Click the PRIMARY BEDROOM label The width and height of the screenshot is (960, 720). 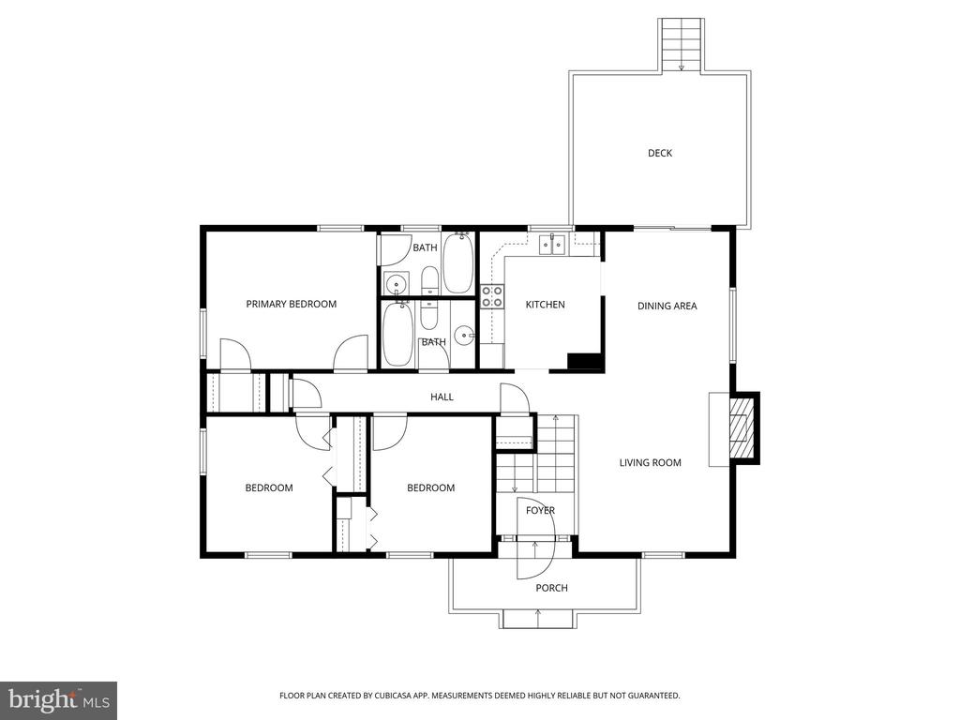(x=291, y=304)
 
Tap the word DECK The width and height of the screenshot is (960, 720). (x=659, y=153)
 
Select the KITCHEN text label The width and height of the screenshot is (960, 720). (x=545, y=305)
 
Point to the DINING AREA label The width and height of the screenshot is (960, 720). (x=667, y=306)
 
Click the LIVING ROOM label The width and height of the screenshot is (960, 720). (x=650, y=462)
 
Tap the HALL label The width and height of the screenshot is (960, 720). (x=442, y=397)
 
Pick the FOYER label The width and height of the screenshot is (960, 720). (x=540, y=511)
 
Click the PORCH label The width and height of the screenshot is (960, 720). (x=551, y=588)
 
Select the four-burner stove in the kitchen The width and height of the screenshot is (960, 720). (x=491, y=296)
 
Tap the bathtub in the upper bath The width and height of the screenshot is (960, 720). (x=457, y=262)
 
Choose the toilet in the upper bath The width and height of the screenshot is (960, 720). (x=428, y=280)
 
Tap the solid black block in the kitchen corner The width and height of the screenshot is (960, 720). (x=585, y=362)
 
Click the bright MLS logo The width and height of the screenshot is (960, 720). (x=58, y=699)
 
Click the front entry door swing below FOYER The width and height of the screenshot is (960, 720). (x=535, y=559)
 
